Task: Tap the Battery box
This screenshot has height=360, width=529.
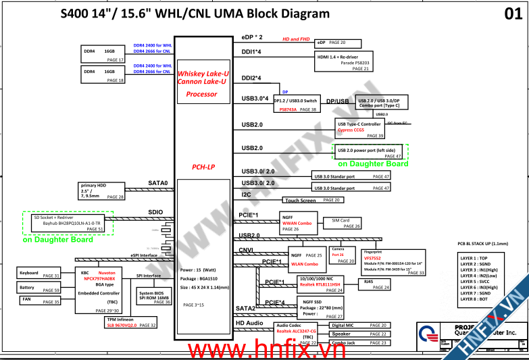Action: [x=39, y=287]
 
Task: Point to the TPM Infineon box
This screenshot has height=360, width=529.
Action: [x=131, y=322]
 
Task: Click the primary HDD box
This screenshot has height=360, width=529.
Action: [x=102, y=192]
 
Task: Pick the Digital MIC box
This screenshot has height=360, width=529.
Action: [x=359, y=326]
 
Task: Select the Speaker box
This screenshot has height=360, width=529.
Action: [x=359, y=334]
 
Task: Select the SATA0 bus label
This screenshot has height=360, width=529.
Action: [x=157, y=183]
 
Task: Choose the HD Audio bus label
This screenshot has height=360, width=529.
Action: [x=249, y=323]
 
